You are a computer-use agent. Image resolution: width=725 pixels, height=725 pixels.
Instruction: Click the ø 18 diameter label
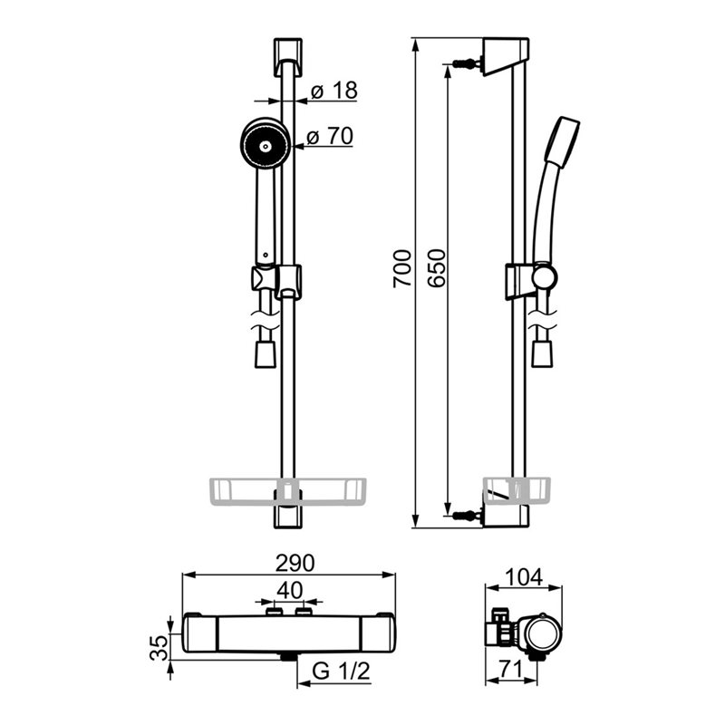click(334, 90)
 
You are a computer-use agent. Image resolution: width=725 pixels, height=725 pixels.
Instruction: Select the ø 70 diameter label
click(330, 136)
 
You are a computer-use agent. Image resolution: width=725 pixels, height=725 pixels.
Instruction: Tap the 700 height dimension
click(401, 268)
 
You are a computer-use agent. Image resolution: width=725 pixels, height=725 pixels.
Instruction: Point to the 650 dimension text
click(437, 268)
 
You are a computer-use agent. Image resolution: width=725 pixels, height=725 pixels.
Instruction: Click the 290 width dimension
click(295, 563)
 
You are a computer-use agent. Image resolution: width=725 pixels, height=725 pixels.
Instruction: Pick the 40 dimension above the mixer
click(290, 590)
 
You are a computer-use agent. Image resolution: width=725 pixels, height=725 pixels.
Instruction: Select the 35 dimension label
click(159, 647)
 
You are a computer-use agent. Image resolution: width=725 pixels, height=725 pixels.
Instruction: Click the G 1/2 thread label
click(342, 671)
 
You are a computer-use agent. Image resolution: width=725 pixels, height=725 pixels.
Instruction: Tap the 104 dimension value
click(524, 576)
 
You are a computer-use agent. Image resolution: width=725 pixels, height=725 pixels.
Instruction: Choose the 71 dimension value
click(510, 669)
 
